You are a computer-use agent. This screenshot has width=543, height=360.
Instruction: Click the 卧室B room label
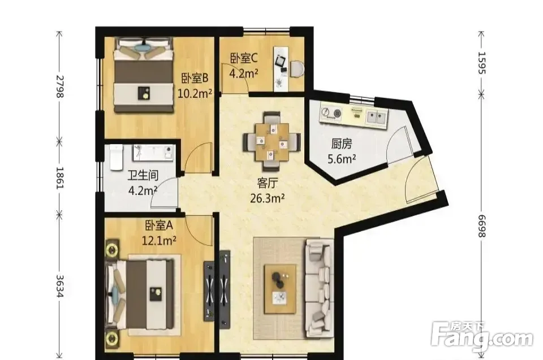point(195,79)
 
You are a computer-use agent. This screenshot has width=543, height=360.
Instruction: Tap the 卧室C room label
point(244,58)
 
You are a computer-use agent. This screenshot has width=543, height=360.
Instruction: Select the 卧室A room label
point(159,225)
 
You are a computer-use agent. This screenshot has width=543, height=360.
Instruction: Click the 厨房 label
point(342,144)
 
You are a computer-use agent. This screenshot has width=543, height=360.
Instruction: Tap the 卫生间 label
point(143,176)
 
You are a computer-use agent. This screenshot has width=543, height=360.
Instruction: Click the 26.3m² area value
point(268,198)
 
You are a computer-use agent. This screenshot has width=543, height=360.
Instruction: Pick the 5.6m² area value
point(342,159)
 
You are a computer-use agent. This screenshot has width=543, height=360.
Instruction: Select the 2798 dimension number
point(59,86)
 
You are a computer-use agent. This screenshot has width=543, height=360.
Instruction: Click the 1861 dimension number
point(59,177)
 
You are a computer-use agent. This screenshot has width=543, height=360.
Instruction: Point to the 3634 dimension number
point(59,287)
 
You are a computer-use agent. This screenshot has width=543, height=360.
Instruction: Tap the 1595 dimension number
point(482,63)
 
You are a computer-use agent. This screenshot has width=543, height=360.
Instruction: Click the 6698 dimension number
point(482,226)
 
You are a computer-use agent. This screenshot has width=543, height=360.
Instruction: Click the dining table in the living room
point(272,142)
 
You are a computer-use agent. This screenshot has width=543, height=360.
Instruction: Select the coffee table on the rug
point(280,289)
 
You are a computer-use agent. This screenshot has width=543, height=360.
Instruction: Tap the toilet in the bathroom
point(117,158)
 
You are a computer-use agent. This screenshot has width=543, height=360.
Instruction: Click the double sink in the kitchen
point(377,118)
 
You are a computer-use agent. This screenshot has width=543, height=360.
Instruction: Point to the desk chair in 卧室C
point(296,68)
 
